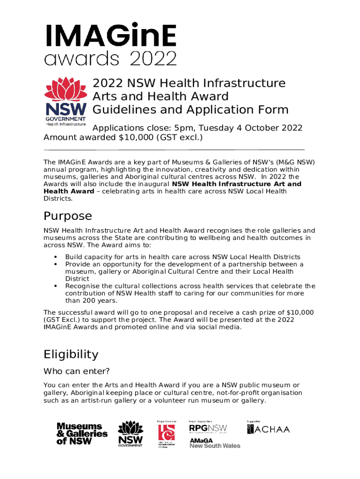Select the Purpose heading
coord(68,216)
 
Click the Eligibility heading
coord(71,354)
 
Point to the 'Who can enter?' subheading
coord(77,372)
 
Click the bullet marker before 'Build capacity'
coord(56,257)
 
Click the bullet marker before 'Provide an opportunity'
coord(56,264)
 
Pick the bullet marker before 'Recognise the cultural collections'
coord(56,286)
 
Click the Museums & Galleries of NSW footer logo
coord(82,434)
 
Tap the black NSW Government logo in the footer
coord(130,435)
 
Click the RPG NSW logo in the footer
coord(208,428)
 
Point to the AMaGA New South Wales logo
coord(215,443)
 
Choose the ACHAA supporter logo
coord(268,429)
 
